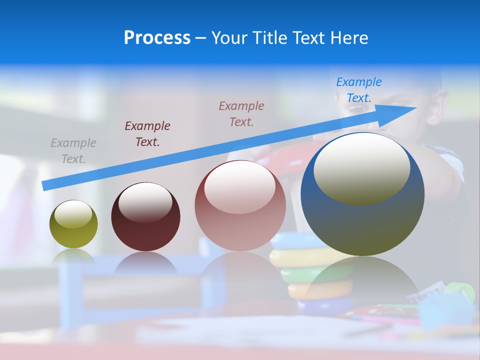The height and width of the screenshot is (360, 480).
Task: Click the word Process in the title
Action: (157, 38)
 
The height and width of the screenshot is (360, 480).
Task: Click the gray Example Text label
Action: (73, 151)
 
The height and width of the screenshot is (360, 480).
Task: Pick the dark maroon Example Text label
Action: (147, 133)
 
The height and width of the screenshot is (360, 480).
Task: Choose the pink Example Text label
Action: (241, 113)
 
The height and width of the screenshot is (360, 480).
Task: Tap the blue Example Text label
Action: (358, 89)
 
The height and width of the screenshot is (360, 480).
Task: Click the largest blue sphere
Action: (362, 220)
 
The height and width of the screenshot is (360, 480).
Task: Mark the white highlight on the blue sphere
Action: (362, 169)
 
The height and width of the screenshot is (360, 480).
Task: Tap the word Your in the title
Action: (230, 38)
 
